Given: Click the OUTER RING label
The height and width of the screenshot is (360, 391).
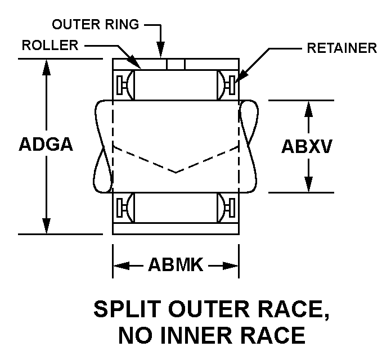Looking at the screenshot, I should (96, 25).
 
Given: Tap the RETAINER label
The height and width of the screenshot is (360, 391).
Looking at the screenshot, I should (341, 48).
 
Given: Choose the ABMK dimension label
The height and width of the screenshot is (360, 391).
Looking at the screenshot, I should (175, 264).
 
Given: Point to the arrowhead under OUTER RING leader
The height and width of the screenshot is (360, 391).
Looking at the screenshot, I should (161, 53).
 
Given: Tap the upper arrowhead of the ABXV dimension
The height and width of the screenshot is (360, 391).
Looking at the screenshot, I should (308, 106).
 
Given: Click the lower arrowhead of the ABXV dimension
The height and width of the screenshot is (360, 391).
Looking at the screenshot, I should (308, 186).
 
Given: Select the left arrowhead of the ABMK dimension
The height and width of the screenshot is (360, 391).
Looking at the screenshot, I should (119, 265).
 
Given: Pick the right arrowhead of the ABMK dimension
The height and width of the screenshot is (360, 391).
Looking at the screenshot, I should (233, 265).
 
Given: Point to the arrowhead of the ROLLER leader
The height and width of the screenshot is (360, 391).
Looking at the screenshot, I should (136, 66).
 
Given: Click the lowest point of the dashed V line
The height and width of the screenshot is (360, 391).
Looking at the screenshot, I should (176, 172).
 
